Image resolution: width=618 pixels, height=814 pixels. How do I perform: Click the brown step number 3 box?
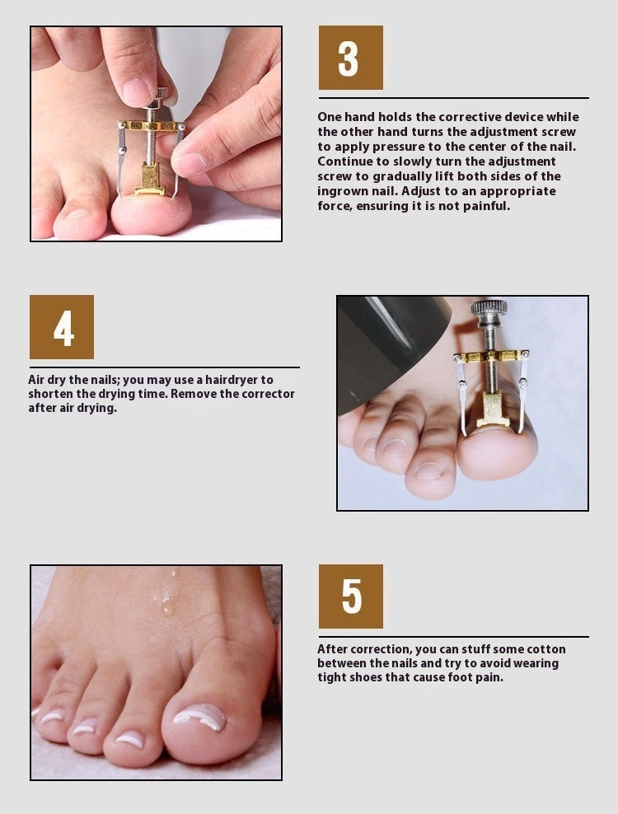click(x=350, y=58)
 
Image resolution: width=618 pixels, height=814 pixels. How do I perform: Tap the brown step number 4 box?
click(x=62, y=327)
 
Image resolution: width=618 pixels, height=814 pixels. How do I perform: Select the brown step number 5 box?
click(x=350, y=596)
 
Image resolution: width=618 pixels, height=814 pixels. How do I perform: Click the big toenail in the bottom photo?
click(x=199, y=715)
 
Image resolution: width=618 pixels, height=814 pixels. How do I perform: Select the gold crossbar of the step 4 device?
click(x=491, y=358)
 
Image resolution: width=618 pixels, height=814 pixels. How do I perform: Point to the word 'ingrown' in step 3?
click(x=342, y=191)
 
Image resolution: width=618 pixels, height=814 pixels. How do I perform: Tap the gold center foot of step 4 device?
click(x=490, y=409)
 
